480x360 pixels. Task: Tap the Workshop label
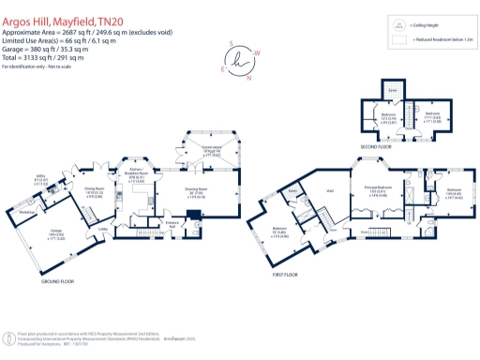27,212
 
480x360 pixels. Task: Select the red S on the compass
232,42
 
